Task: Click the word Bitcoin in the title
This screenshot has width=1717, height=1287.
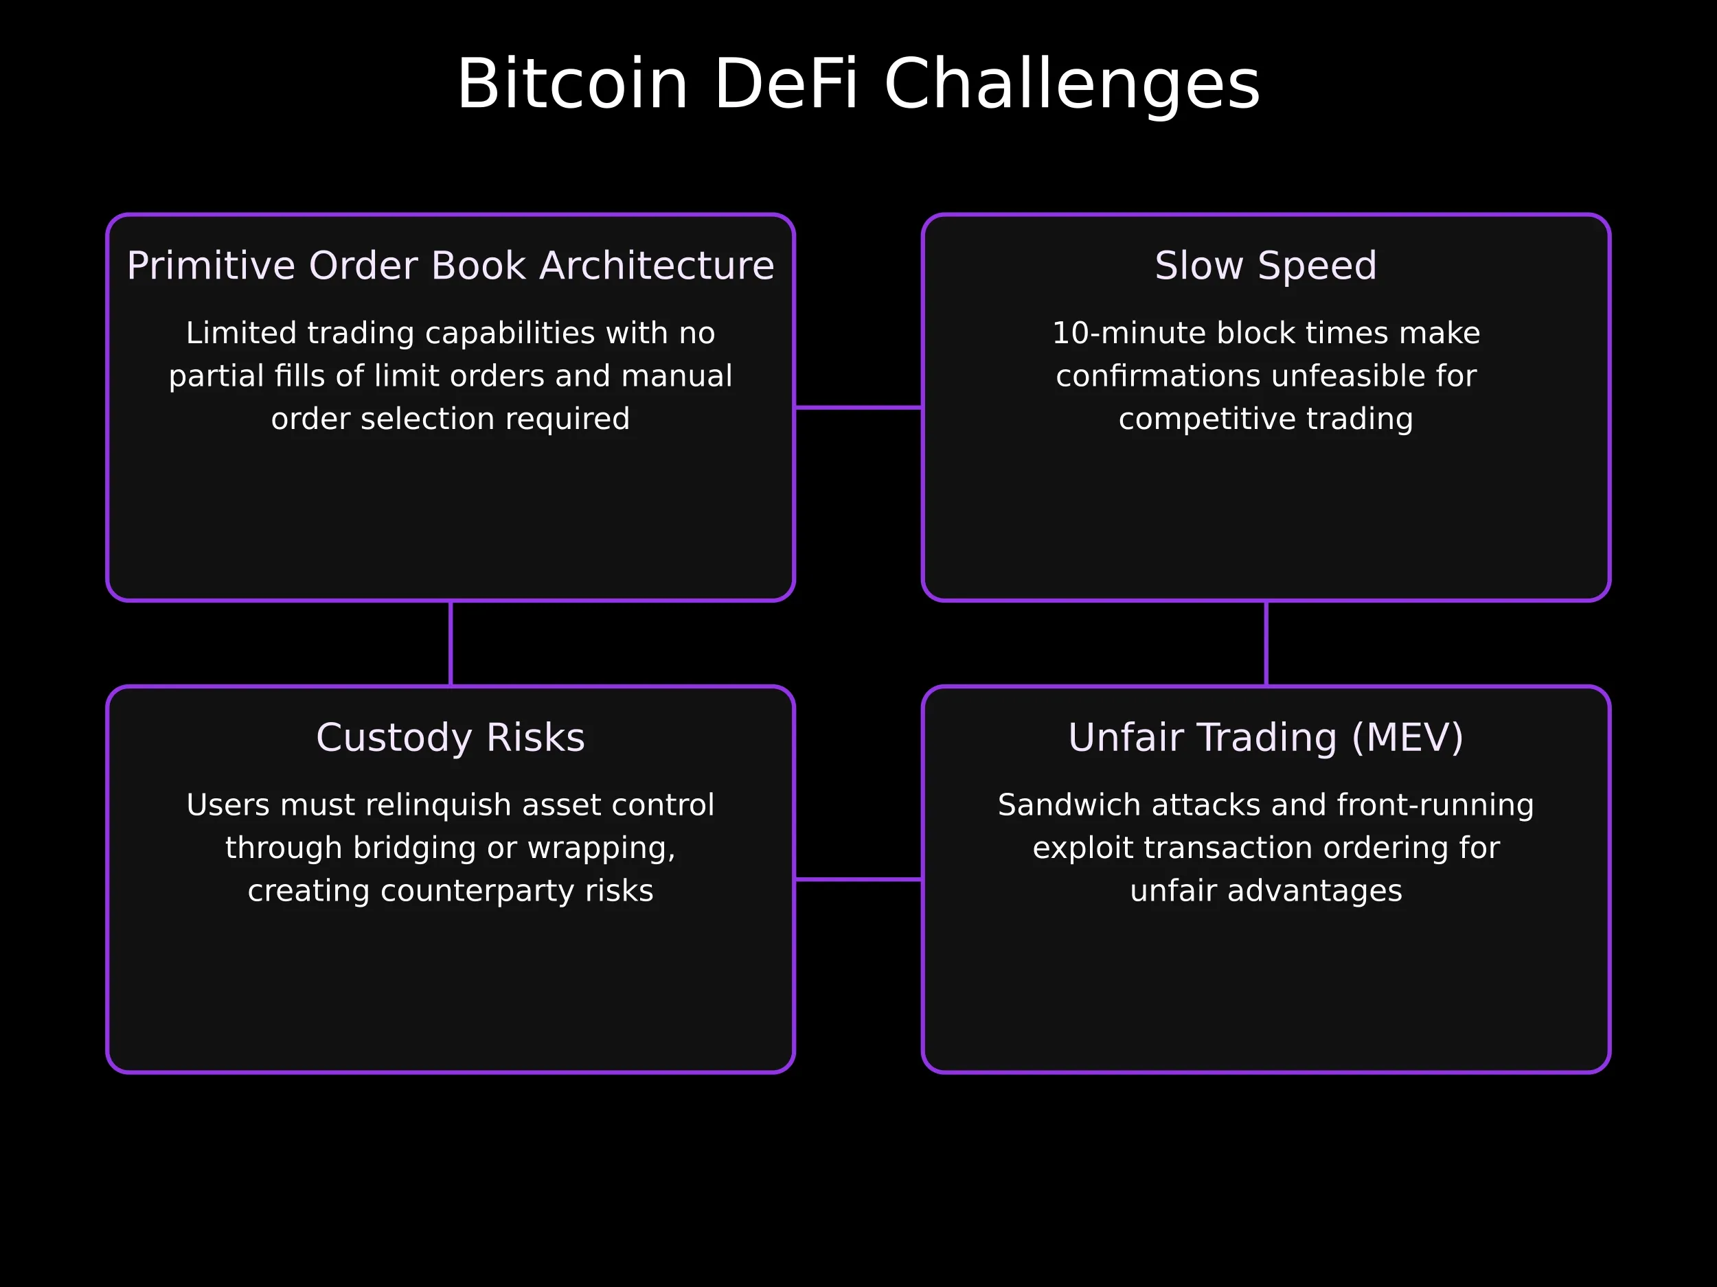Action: tap(572, 84)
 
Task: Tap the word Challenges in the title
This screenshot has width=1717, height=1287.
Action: tap(1072, 84)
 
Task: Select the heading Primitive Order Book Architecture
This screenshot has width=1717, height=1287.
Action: tap(451, 266)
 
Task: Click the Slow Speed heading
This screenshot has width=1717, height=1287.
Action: tap(1266, 266)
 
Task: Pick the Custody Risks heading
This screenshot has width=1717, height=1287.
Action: tap(451, 738)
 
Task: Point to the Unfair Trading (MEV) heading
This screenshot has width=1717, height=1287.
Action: tap(1266, 738)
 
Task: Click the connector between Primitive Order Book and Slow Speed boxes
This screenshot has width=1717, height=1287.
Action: tap(858, 407)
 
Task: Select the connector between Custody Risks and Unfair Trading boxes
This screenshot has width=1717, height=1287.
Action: tap(858, 880)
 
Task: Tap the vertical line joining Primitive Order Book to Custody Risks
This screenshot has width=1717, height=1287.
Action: tap(451, 644)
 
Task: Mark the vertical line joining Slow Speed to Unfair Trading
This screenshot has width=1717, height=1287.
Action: tap(1266, 644)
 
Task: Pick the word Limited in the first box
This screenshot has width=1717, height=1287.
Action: tap(241, 334)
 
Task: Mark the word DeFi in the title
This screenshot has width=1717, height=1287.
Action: tap(786, 84)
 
